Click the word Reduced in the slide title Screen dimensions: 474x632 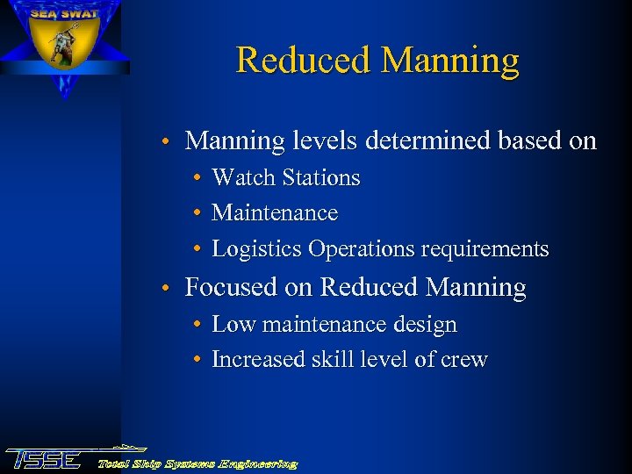pyautogui.click(x=304, y=61)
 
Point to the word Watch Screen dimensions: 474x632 pyautogui.click(x=243, y=178)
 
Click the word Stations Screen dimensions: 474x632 pyautogui.click(x=320, y=178)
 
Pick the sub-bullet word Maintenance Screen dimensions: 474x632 pyautogui.click(x=275, y=213)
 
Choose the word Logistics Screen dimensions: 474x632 pyautogui.click(x=257, y=249)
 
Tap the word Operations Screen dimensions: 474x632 pyautogui.click(x=362, y=250)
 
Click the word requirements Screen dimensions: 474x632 pyautogui.click(x=485, y=250)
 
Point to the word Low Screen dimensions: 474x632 pyautogui.click(x=232, y=325)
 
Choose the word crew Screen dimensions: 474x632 pyautogui.click(x=464, y=361)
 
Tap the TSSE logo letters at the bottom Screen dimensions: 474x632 pyautogui.click(x=44, y=458)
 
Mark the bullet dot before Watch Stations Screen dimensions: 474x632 pyautogui.click(x=199, y=179)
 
